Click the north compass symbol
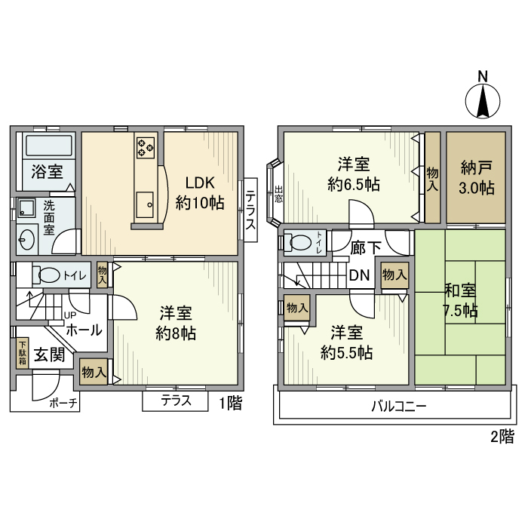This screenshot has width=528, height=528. [483, 98]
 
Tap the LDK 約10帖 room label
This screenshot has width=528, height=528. [200, 192]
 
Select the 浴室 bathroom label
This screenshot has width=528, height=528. [47, 172]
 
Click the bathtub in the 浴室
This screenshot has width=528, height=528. [47, 145]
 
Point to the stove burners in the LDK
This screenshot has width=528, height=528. [146, 148]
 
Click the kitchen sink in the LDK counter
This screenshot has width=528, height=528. [145, 203]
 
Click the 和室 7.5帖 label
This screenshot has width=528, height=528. [459, 300]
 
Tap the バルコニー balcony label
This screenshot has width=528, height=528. [398, 406]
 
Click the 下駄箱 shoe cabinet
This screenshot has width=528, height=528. [23, 353]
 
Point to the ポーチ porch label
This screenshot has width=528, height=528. [64, 403]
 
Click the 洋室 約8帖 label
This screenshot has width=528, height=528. [177, 323]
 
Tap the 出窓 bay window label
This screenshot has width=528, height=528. [278, 195]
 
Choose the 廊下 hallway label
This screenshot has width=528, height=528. [366, 247]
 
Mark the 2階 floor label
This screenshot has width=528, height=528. [502, 435]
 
